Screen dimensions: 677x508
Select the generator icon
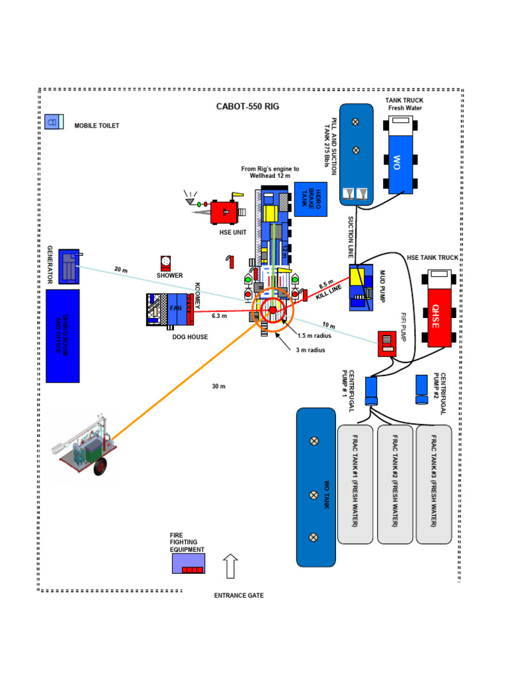pos(69,266)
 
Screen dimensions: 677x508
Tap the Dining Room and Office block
pos(62,335)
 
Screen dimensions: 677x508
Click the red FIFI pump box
pos(387,342)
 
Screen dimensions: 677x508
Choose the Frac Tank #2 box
pos(394,484)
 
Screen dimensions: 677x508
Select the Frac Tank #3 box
pos(433,484)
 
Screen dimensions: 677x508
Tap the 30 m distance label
pos(219,386)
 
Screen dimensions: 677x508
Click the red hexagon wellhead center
pos(271,310)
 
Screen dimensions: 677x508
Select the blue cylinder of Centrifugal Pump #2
pos(422,389)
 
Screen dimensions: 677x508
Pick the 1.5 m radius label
pos(314,336)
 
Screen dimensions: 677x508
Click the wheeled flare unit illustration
pos(85,447)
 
